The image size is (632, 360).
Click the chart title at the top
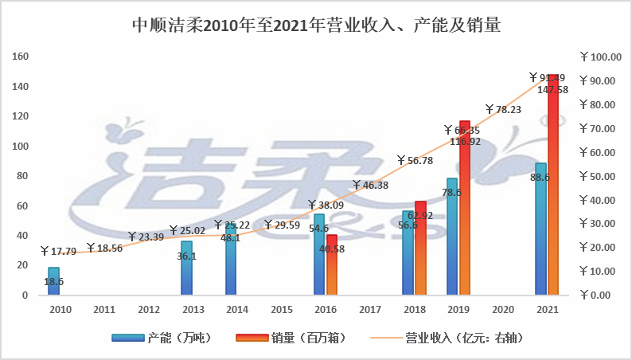click(316, 26)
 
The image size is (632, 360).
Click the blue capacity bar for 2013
click(186, 268)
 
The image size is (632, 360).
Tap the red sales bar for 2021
click(553, 191)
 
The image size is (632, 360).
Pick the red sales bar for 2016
click(332, 265)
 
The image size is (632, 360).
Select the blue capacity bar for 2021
click(541, 231)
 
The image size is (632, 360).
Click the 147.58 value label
click(553, 89)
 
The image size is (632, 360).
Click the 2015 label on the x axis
click(275, 307)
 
